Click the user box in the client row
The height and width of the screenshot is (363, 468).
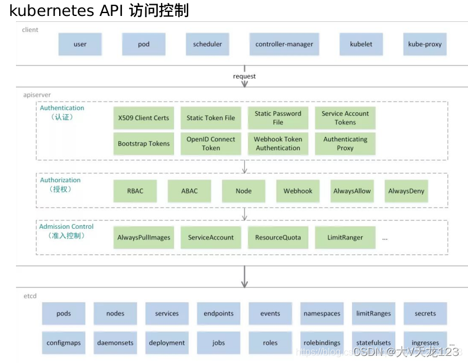80,44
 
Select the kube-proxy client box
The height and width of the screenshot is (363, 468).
425,44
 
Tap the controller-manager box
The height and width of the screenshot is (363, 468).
284,44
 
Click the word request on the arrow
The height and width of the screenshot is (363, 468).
244,76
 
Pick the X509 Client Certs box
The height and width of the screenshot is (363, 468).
143,118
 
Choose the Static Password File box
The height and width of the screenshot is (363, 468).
278,118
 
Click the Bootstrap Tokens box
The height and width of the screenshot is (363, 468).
143,144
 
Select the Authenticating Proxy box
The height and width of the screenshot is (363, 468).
345,144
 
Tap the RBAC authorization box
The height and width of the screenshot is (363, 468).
135,191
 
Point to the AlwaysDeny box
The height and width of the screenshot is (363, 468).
406,191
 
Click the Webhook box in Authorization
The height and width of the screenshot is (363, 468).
298,191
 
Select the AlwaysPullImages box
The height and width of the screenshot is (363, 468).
143,238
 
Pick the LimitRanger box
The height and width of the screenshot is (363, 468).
345,238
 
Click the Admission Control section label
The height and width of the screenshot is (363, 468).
66,226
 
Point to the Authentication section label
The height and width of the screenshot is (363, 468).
62,108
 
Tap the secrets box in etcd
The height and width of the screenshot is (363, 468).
425,313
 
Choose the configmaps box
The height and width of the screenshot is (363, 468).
63,343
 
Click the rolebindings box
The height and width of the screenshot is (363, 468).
321,343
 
